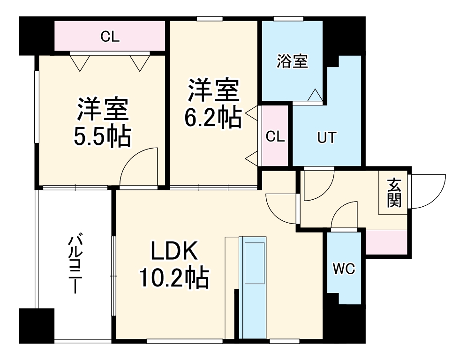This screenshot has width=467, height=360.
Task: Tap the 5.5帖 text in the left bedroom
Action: tap(102, 136)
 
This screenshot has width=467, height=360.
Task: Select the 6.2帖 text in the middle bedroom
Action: tap(213, 118)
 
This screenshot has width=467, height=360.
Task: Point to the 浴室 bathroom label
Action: tap(292, 61)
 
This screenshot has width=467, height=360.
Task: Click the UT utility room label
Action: tap(327, 138)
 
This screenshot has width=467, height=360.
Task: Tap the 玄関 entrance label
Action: tap(394, 193)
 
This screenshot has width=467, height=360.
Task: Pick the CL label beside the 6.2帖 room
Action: tap(275, 136)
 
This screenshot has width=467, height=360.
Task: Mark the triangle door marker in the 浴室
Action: tap(315, 95)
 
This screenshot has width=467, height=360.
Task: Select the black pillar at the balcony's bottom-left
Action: tap(37, 326)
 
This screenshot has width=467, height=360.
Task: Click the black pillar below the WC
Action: tap(345, 323)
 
